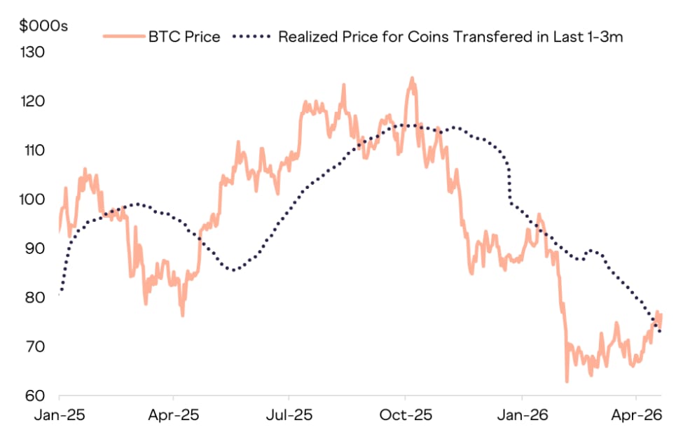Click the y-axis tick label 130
(32, 52)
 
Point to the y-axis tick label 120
(32, 101)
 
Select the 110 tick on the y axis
(32, 150)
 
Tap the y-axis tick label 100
(32, 199)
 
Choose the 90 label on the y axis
(33, 248)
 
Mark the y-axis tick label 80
(33, 297)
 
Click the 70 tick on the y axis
(33, 346)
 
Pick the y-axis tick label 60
(33, 395)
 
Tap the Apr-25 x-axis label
(174, 414)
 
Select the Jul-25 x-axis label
(289, 414)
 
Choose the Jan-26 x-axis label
(522, 414)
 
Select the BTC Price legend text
(184, 36)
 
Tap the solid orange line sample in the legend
(123, 36)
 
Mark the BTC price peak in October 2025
(412, 78)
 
